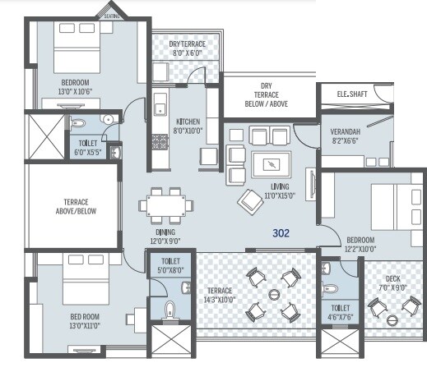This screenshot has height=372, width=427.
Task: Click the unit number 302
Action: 281,233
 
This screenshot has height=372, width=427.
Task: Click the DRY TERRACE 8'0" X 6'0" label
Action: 187,48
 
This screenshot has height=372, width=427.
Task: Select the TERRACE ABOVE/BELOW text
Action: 77,206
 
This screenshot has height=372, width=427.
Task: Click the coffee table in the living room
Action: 271,163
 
